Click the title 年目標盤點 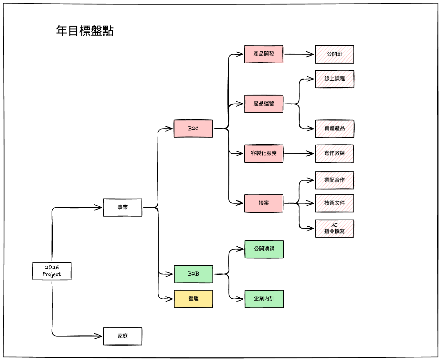point(85,31)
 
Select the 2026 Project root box point(52,271)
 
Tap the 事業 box point(122,207)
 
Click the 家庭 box point(122,336)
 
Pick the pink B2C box point(193,129)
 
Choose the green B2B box point(193,274)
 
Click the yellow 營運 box point(193,299)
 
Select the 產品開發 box point(264,54)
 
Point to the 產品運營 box point(264,104)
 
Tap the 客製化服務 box point(264,153)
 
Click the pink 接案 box point(264,203)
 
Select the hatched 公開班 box point(334,54)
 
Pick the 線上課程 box point(334,79)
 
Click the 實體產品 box point(334,129)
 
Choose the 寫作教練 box point(334,153)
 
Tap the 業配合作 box point(334,180)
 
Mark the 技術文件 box point(334,203)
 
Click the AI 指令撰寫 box point(334,228)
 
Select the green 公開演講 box point(264,249)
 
